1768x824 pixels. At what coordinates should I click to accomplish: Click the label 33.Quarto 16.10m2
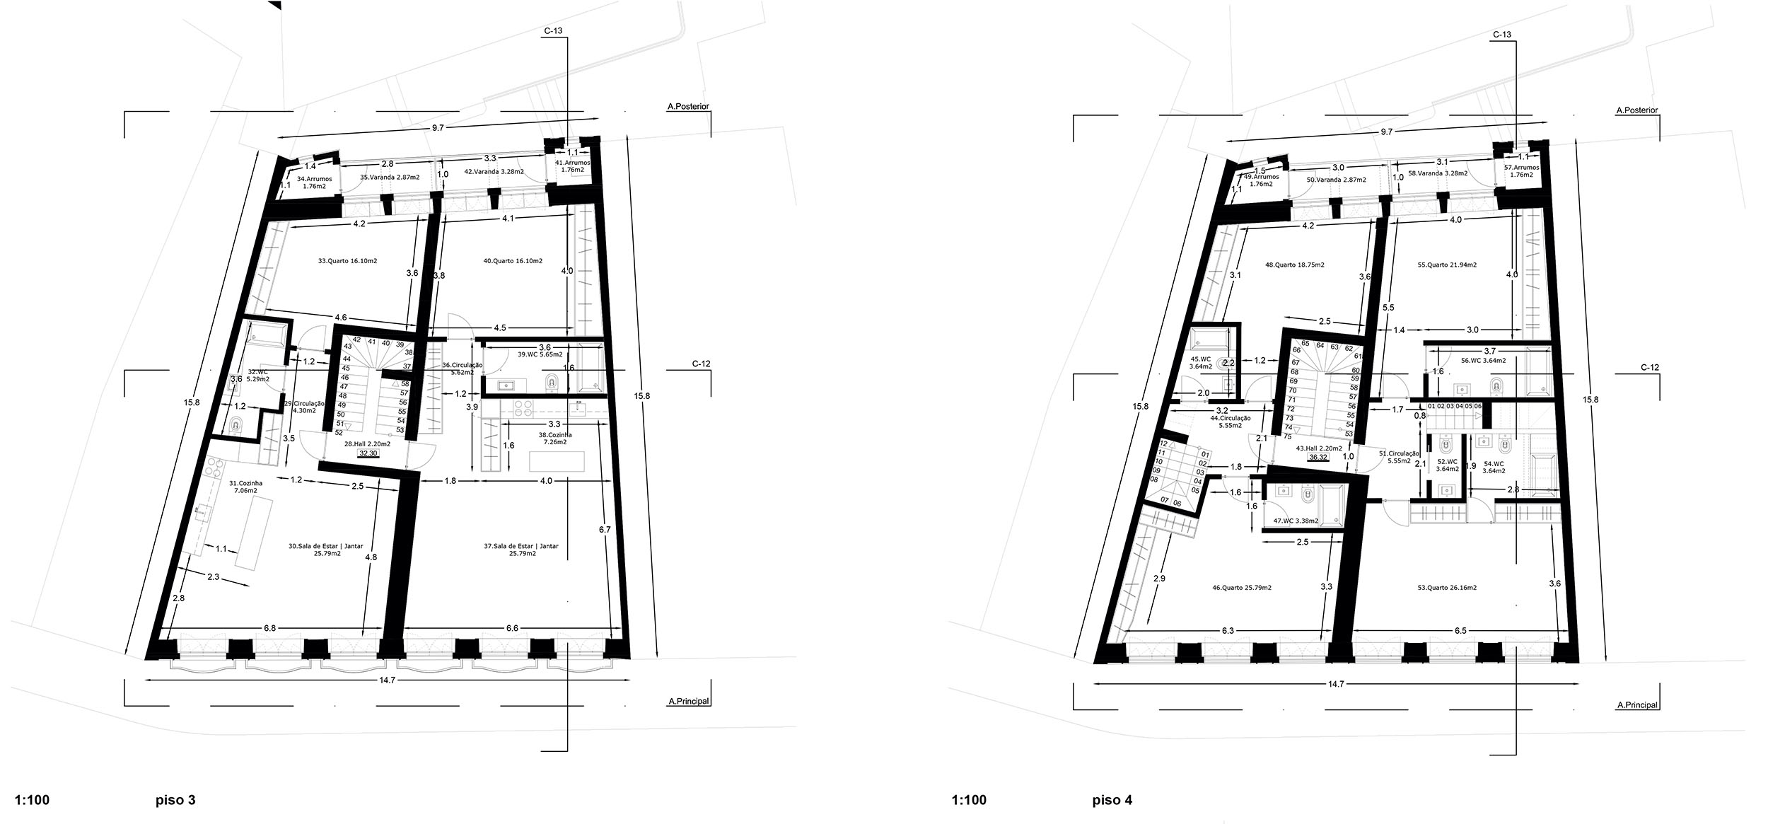(x=347, y=261)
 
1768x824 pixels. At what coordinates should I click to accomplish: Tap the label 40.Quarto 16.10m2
(x=513, y=261)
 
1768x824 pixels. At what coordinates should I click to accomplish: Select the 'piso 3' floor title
(x=175, y=801)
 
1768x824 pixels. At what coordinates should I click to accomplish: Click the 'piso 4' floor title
(x=1112, y=801)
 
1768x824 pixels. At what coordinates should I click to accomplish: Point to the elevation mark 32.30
(x=368, y=453)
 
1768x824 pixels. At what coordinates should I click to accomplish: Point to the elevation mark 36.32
(x=1318, y=458)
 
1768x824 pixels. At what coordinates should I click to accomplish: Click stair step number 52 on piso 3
(x=339, y=433)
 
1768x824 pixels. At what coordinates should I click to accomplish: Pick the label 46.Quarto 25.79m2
(x=1242, y=588)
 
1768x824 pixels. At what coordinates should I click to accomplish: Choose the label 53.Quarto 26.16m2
(x=1467, y=588)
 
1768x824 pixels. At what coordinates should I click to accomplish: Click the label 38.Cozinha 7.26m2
(x=555, y=439)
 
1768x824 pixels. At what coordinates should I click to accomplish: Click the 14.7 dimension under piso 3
(x=386, y=680)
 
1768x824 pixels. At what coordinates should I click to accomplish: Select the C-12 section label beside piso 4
(x=1649, y=368)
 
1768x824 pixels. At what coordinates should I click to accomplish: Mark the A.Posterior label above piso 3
(x=687, y=107)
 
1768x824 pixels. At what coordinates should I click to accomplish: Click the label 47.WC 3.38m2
(x=1296, y=521)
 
